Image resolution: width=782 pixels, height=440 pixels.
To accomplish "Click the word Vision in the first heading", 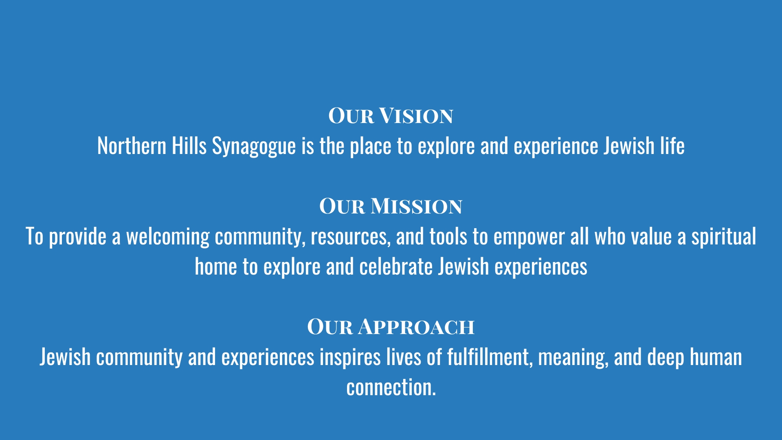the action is (x=416, y=116).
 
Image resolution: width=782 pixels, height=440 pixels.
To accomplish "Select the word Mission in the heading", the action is (x=416, y=206).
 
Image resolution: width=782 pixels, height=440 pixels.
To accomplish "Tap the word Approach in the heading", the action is (x=416, y=327).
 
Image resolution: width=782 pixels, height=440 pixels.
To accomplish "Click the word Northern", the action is (x=132, y=146).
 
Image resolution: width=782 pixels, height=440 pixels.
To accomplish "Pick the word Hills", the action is (x=189, y=145).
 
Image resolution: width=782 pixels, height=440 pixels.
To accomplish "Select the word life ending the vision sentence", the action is (x=672, y=145).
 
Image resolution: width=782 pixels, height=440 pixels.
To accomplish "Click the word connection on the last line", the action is (x=390, y=387).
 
